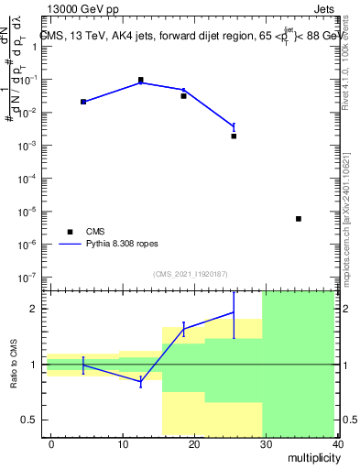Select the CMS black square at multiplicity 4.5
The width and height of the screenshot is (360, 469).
[x=83, y=102]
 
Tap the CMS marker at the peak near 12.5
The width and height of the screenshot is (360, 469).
[x=141, y=80]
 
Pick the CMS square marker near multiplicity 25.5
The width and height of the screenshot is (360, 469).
[x=234, y=136]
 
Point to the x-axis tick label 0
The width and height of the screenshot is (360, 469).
[x=51, y=443]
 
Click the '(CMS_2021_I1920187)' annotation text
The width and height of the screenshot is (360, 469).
[x=191, y=274]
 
